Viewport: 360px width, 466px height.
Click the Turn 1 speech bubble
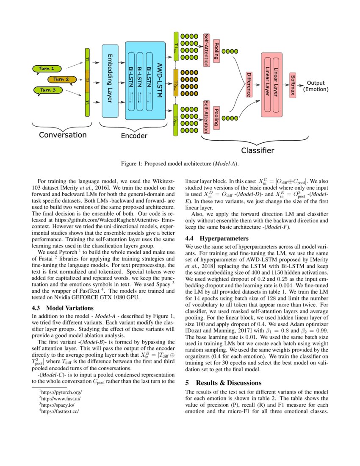click(47, 69)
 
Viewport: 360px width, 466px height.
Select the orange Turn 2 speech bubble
click(61, 79)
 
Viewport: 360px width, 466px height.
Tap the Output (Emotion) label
click(316, 86)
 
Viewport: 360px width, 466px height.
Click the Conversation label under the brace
click(63, 135)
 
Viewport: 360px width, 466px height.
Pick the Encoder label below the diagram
click(134, 136)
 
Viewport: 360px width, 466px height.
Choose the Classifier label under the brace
click(257, 150)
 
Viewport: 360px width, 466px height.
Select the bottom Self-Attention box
click(206, 114)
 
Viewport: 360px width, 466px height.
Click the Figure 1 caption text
click(180, 164)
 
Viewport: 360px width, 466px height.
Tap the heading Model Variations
click(66, 308)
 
